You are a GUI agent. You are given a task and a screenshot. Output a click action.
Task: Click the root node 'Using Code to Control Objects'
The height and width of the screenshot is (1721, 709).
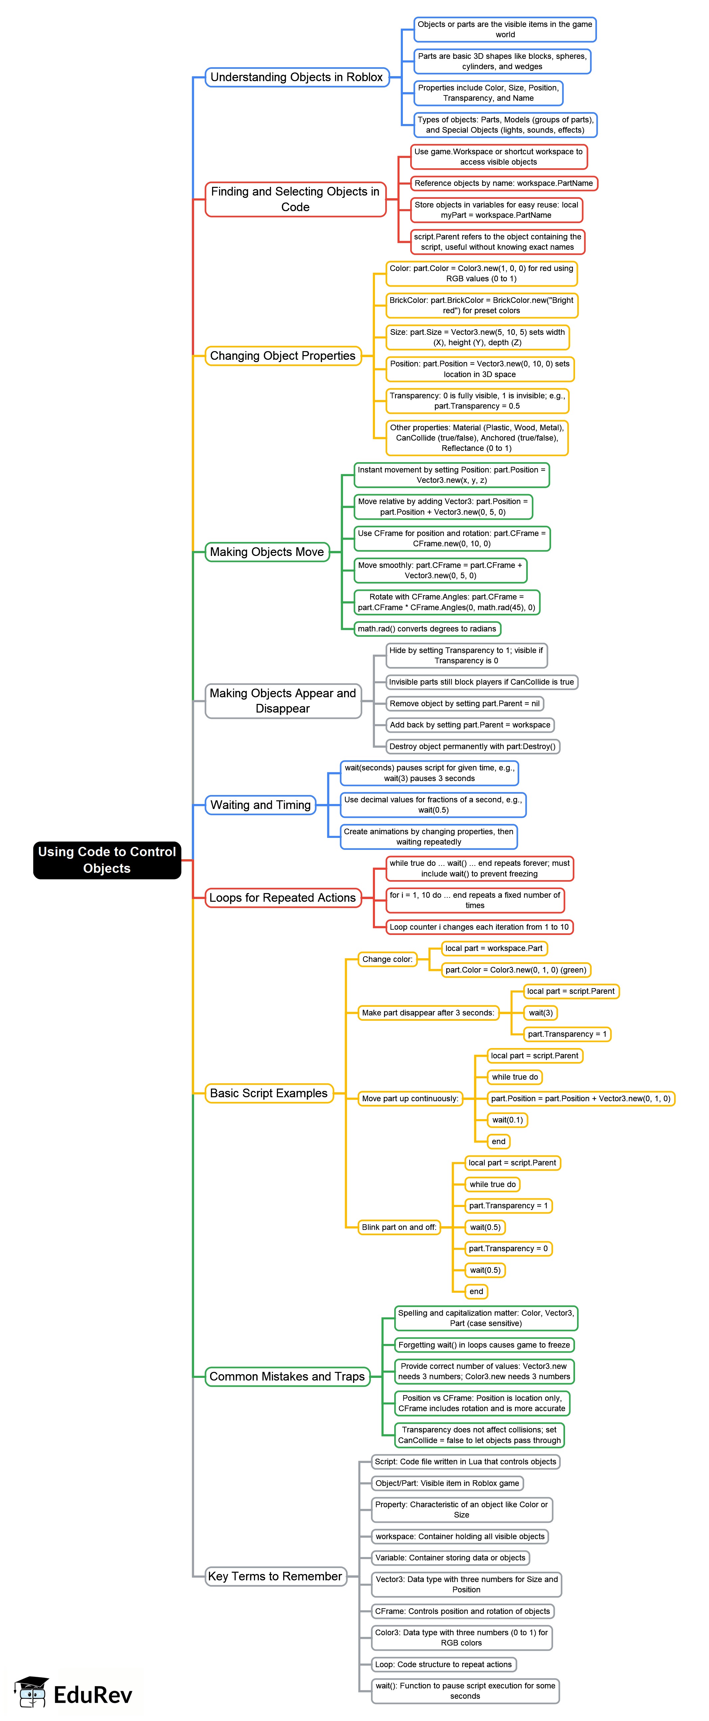click(x=107, y=860)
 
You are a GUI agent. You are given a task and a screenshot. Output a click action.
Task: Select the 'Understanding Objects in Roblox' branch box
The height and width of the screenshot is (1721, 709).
click(x=296, y=77)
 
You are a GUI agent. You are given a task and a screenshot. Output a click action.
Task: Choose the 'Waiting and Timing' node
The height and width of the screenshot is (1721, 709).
click(x=260, y=805)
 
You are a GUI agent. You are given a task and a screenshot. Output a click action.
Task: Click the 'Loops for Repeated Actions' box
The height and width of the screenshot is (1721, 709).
click(x=283, y=898)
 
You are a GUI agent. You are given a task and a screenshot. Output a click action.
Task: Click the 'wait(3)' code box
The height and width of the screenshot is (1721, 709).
click(x=541, y=1013)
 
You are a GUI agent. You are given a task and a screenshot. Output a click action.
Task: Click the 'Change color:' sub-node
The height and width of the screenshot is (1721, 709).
click(x=387, y=959)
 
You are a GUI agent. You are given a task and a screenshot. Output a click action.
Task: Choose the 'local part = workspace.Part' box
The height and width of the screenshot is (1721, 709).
click(x=494, y=949)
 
